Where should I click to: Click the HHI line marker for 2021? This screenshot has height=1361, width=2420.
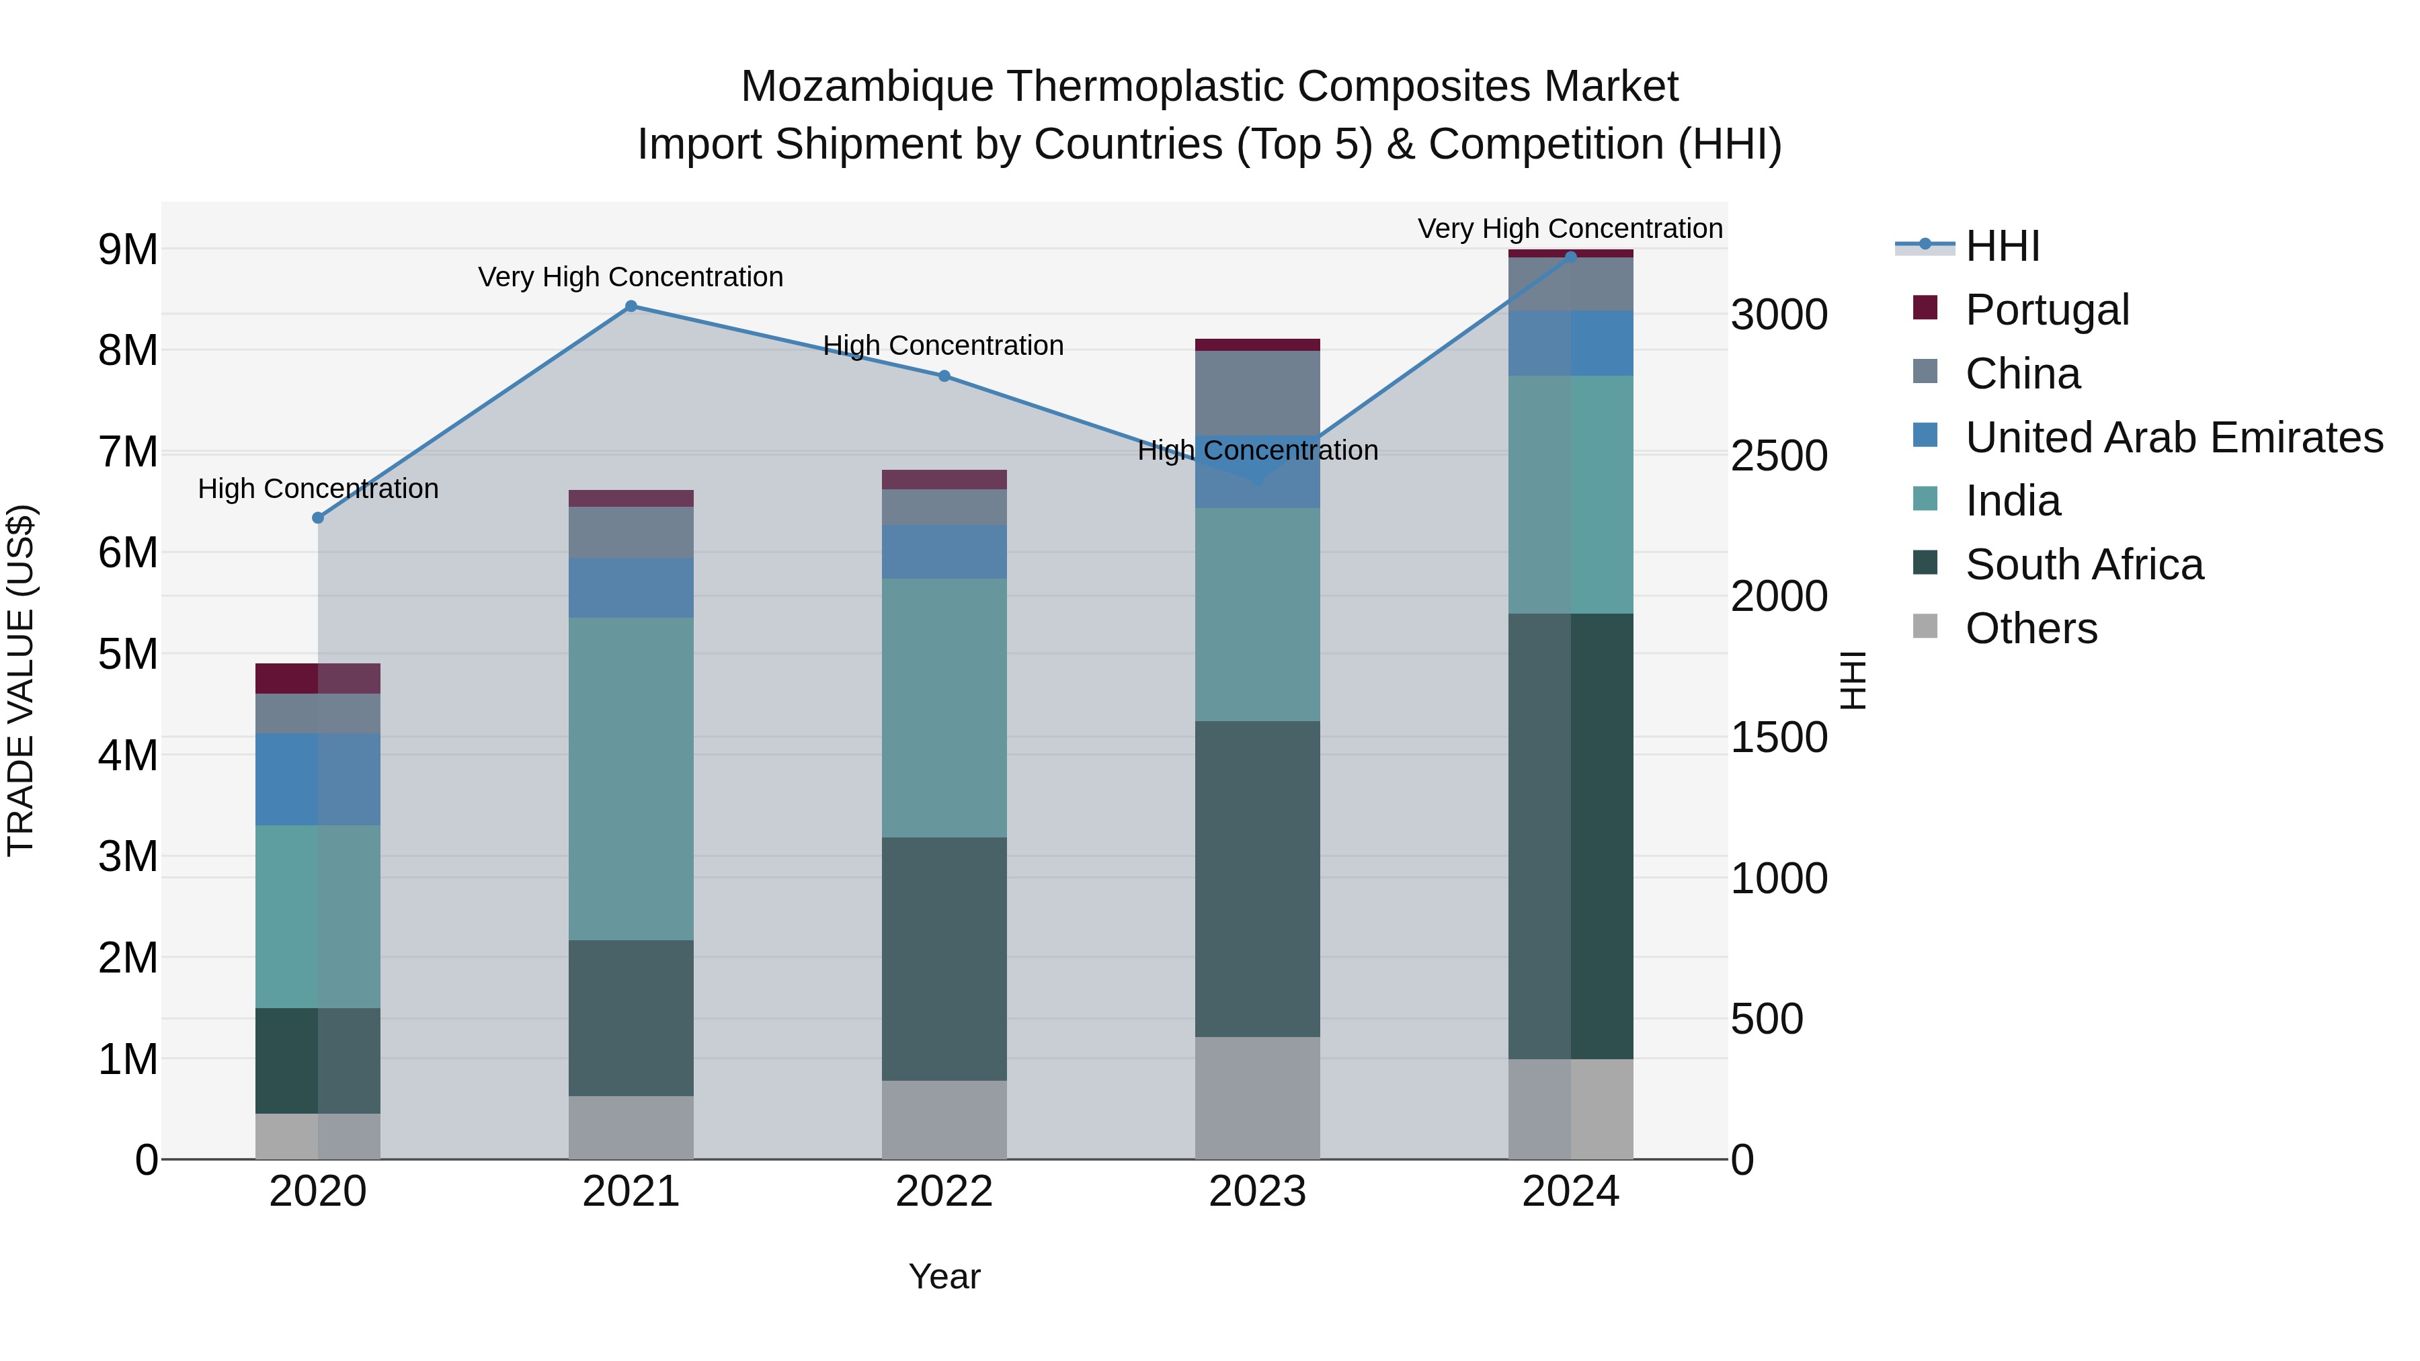(x=631, y=306)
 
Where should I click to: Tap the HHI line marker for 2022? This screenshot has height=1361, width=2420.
(x=944, y=376)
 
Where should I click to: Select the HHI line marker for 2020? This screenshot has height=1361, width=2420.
(x=317, y=518)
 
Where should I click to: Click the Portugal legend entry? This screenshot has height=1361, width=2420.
(x=2046, y=309)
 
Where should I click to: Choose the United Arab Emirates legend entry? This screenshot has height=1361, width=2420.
(x=2173, y=437)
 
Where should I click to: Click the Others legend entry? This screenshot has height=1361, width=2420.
(x=2030, y=628)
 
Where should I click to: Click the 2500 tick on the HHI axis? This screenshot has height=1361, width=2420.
(x=1778, y=456)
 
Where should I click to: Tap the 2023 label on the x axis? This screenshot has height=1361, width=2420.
(x=1257, y=1192)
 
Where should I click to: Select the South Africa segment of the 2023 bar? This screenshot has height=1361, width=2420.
(x=1257, y=878)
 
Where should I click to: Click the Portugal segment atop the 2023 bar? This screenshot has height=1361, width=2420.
(x=1257, y=345)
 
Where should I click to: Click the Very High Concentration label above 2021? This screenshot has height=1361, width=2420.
(x=631, y=277)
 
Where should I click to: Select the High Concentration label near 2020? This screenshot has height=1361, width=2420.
(x=317, y=489)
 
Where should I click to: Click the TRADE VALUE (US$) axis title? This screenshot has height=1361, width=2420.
(x=21, y=680)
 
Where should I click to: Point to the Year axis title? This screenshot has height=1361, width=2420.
(x=944, y=1276)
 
